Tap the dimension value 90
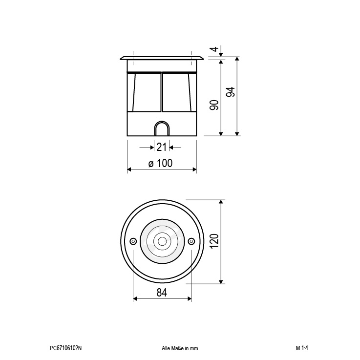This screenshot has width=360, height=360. pyautogui.click(x=214, y=105)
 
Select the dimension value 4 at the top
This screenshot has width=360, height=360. pyautogui.click(x=214, y=49)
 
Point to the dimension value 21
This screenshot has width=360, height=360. pyautogui.click(x=161, y=147)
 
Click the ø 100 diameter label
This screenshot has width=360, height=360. pyautogui.click(x=160, y=163)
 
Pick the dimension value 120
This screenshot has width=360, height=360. pyautogui.click(x=214, y=241)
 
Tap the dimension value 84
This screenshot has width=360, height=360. pyautogui.click(x=162, y=293)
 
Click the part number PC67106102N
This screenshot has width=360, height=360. pyautogui.click(x=65, y=348)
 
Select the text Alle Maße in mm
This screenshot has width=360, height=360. pyautogui.click(x=180, y=348)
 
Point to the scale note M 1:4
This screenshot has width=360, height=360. pyautogui.click(x=302, y=348)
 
